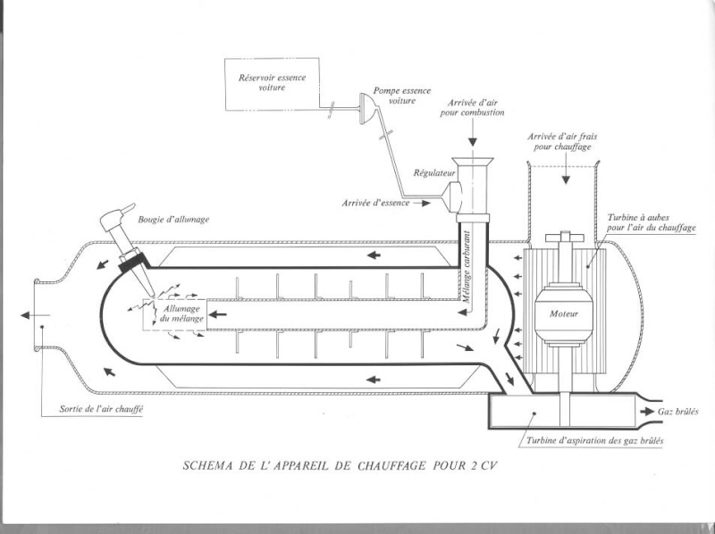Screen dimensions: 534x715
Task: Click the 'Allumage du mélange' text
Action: click(x=184, y=313)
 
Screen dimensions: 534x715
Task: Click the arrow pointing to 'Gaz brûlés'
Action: click(x=645, y=411)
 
